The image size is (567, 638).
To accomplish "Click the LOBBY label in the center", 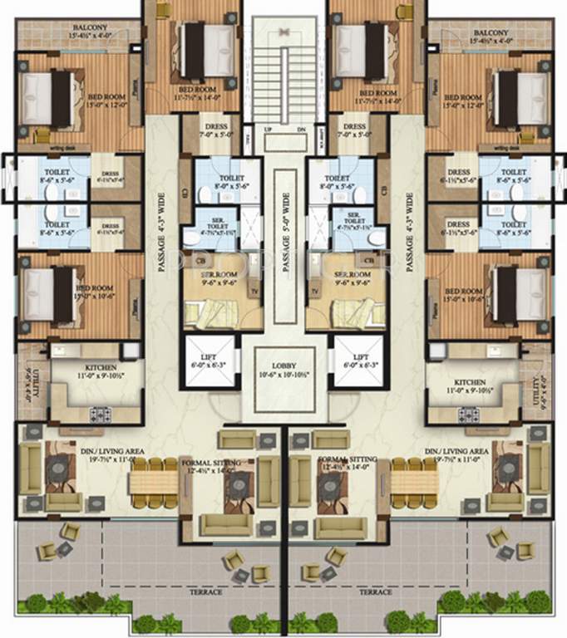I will [283, 366].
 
